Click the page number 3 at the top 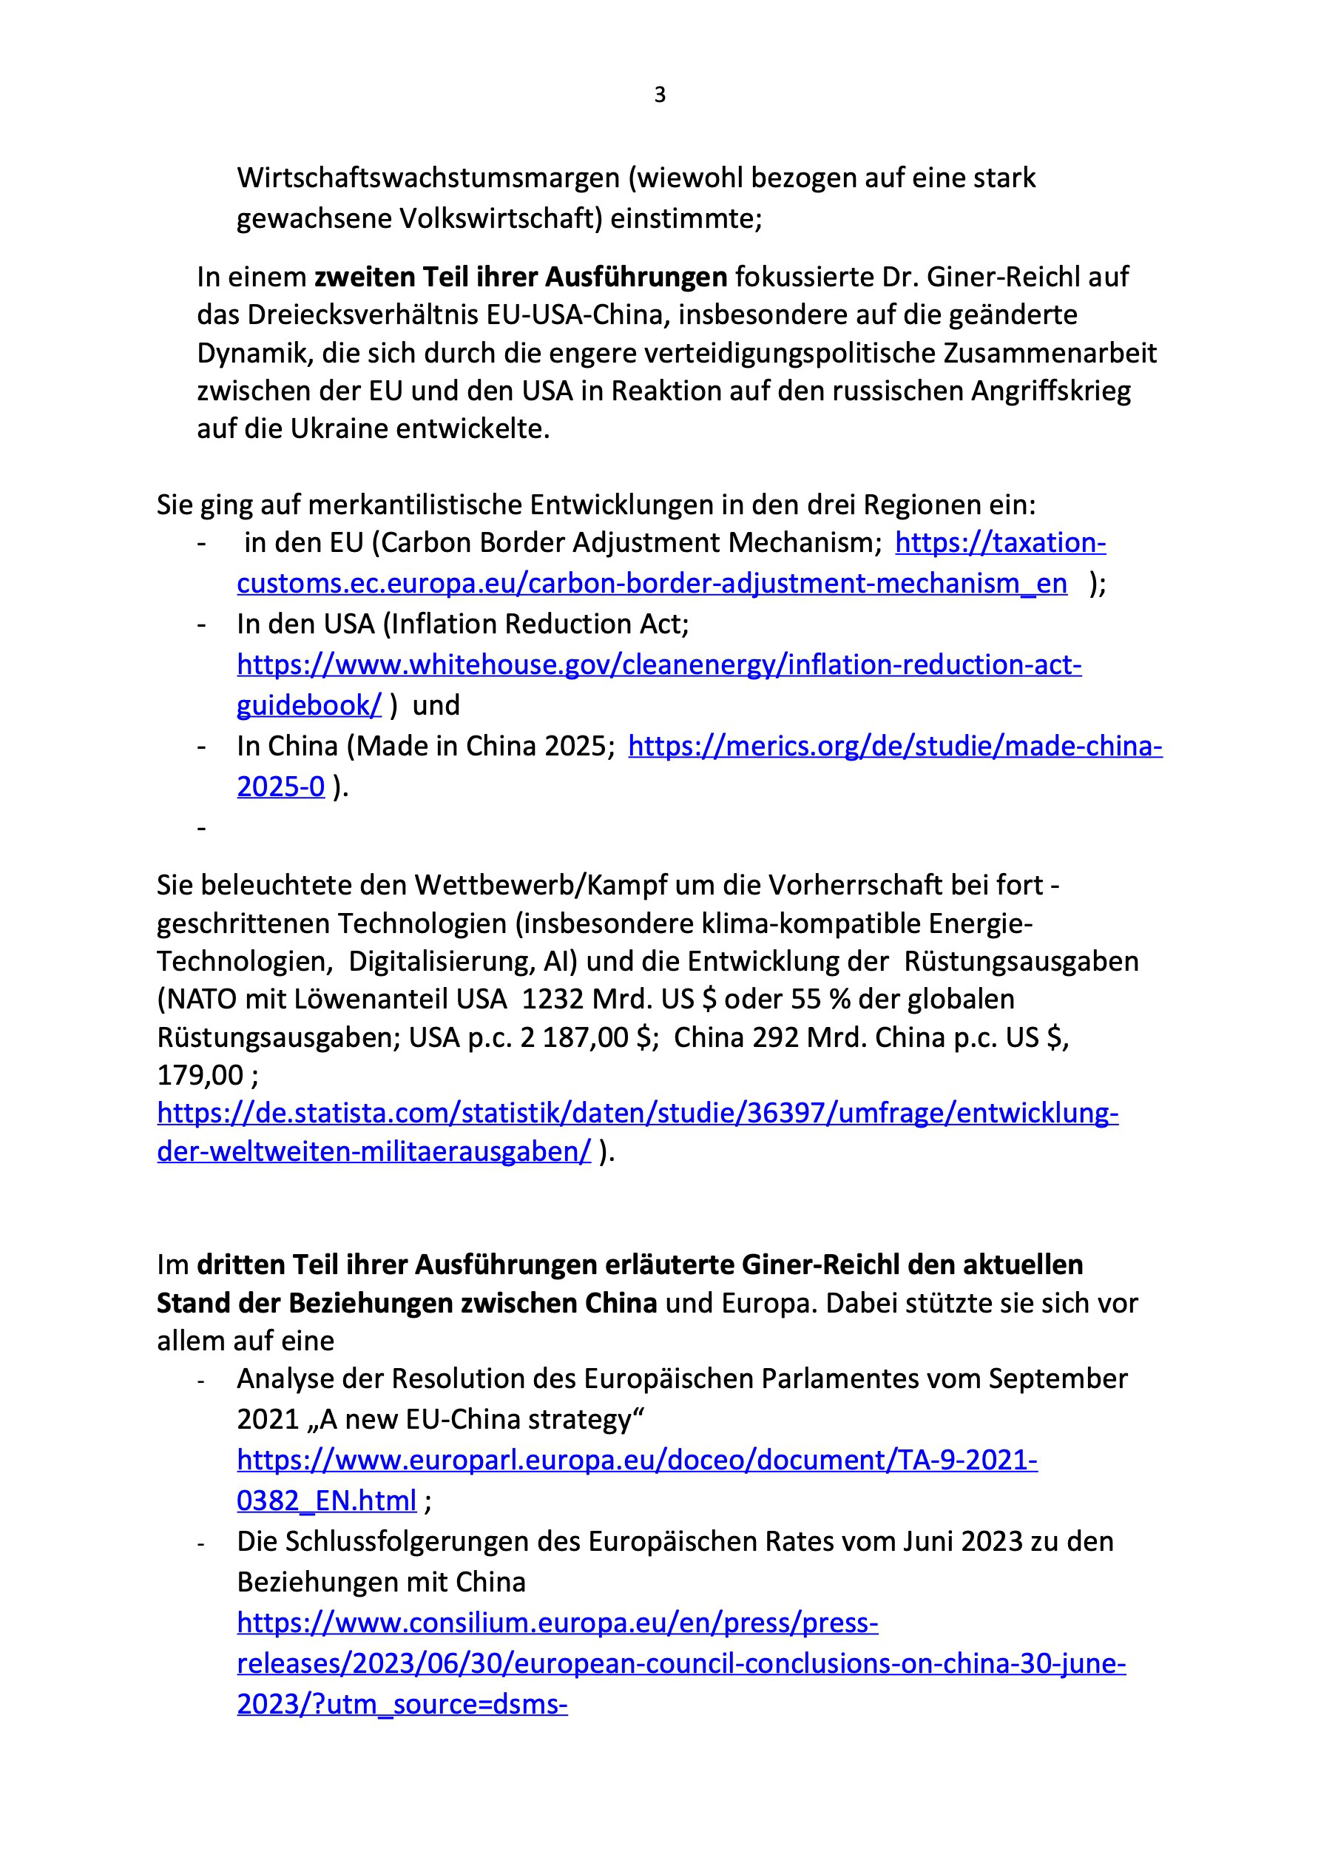tap(659, 95)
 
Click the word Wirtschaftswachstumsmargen tap(428, 178)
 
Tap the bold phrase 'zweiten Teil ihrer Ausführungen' tap(521, 277)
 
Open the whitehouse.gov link tap(658, 665)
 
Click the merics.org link tap(894, 746)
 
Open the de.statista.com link tap(638, 1113)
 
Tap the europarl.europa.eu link tap(637, 1460)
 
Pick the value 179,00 tap(200, 1075)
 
